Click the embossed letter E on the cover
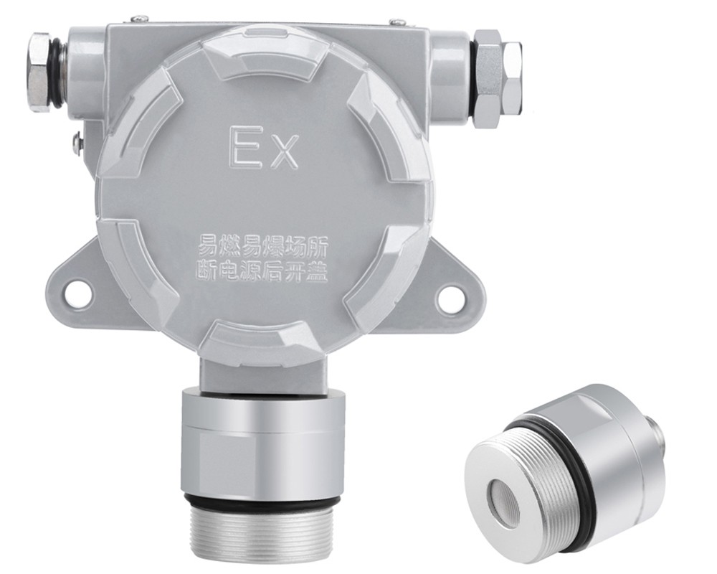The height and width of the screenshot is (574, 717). click(x=242, y=146)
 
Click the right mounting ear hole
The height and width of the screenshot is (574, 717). click(x=449, y=294)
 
